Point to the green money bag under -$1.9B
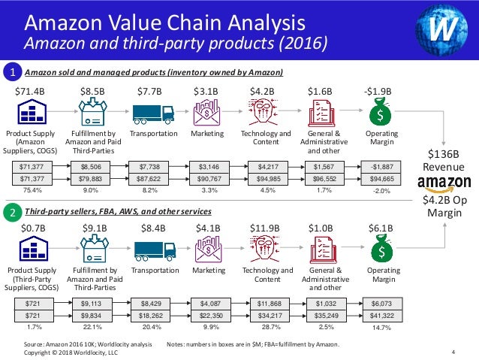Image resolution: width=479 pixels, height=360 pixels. [x=383, y=113]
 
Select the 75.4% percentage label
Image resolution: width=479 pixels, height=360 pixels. [x=32, y=191]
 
